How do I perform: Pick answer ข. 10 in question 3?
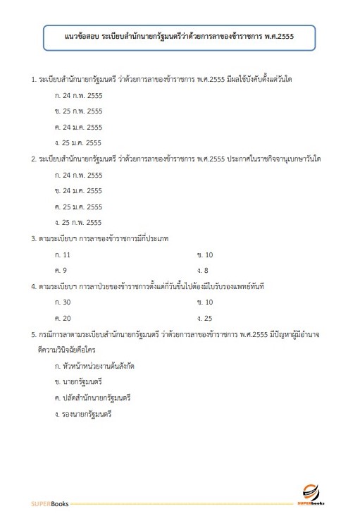tap(205, 255)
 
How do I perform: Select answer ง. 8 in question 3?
tap(203, 271)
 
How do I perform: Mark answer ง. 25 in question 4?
tap(205, 319)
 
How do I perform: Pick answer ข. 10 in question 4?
tap(205, 302)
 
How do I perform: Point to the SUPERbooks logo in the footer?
tap(314, 497)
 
